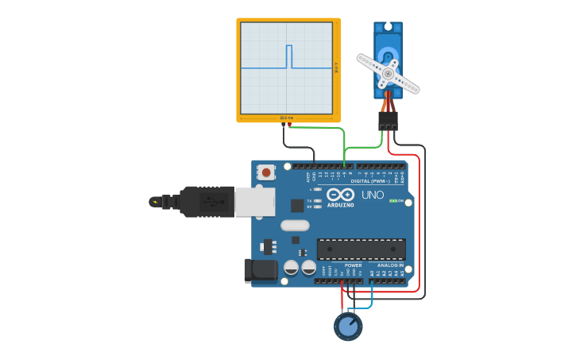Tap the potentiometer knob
[348, 326]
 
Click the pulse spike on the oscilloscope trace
[289, 56]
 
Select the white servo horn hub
[388, 74]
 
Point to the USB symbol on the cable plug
[210, 201]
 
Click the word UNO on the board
[373, 195]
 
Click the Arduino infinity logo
[340, 195]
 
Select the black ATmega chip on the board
[361, 249]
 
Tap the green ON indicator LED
[392, 200]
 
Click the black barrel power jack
[259, 270]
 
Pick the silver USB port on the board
[255, 202]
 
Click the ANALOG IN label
[385, 265]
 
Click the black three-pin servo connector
[388, 120]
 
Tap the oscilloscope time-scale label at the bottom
[286, 118]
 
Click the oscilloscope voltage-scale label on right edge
[336, 68]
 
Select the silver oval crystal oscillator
[295, 225]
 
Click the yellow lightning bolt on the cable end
[153, 202]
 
